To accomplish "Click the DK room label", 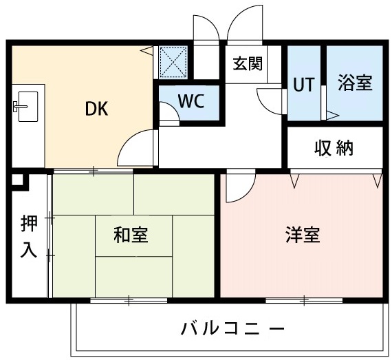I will (97, 108).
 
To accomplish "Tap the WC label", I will (189, 100).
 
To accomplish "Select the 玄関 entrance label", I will (247, 64).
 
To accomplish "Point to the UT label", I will (303, 85).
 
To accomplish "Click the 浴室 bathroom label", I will (355, 83).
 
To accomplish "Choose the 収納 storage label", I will (335, 147).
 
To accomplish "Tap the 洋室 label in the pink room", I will (302, 235).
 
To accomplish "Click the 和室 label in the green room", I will (131, 235).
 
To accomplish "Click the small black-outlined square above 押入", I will (17, 182).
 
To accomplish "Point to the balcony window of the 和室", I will (129, 300).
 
